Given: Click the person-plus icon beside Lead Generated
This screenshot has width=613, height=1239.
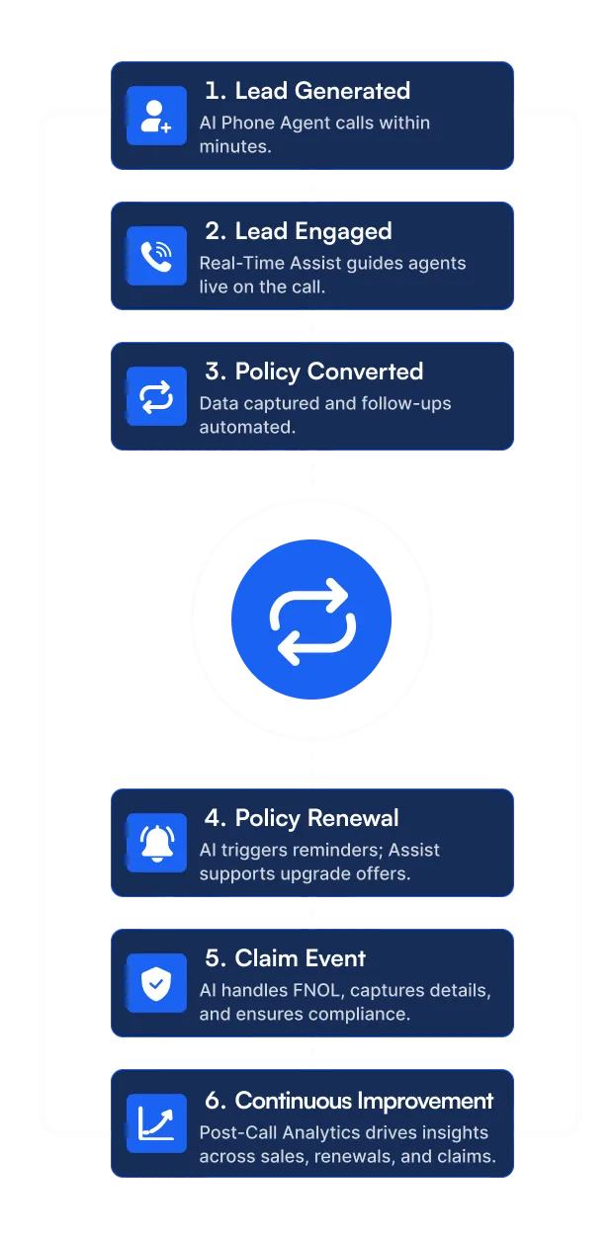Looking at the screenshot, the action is pos(156,117).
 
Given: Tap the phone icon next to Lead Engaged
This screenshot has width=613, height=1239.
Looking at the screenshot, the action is pos(156,257).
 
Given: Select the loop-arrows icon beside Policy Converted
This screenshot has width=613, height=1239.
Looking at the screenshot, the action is pos(156,397).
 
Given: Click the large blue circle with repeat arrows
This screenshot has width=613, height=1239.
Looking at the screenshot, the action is pos(311,620).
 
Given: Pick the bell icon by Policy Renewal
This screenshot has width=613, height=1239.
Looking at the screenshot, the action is pos(156,843).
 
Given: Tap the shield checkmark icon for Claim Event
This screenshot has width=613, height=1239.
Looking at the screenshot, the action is pos(156,983).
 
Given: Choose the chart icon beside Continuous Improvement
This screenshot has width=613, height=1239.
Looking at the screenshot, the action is pos(156,1123).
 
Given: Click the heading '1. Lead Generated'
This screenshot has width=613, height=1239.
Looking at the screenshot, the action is pos(306,91).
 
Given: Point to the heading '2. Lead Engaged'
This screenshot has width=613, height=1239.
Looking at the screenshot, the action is pos(298,231).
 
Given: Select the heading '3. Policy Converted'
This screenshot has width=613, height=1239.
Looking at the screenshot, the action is pos(313,372).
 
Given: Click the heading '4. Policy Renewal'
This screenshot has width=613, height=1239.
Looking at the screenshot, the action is pos(302,818).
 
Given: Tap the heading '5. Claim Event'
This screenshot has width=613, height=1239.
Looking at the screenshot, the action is pos(285,958).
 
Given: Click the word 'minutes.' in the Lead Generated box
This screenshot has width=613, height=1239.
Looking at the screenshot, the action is pos(235,146).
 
